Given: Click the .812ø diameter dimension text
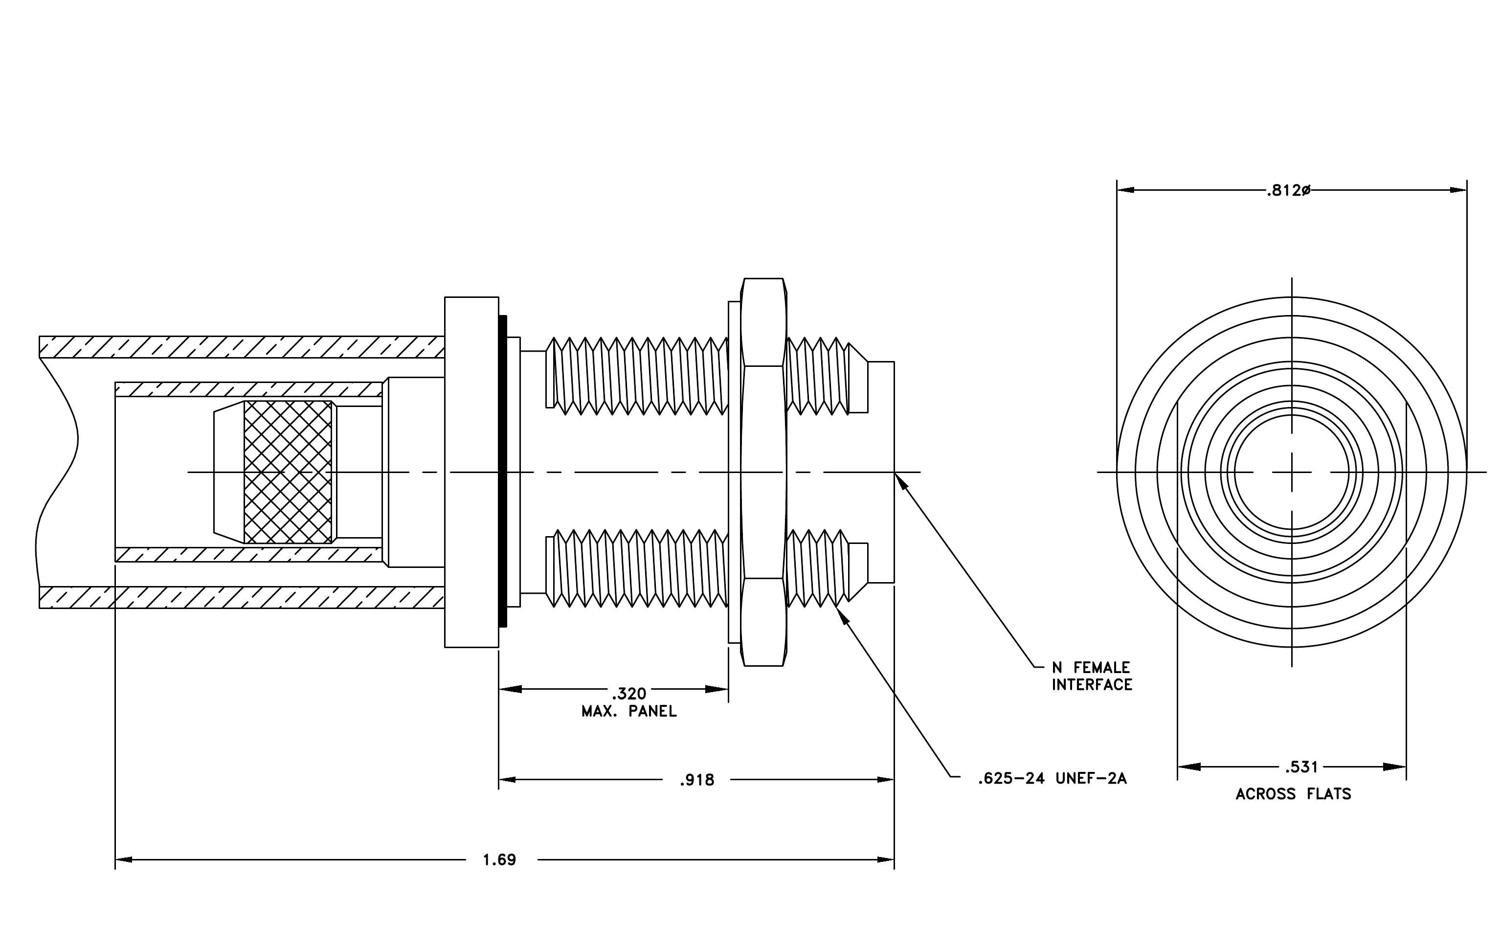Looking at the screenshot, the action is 1288,191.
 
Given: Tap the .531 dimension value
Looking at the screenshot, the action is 1302,767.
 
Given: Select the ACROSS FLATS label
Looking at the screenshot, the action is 1294,794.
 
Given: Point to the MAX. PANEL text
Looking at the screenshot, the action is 629,712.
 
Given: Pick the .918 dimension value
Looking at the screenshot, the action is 697,780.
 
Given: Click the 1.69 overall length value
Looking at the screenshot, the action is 500,860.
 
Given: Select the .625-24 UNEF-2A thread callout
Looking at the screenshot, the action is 1052,778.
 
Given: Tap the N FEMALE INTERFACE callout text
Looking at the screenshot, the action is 1092,676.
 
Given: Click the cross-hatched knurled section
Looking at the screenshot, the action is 288,472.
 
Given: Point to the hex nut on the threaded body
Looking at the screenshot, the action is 763,472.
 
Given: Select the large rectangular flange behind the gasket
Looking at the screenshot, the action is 471,472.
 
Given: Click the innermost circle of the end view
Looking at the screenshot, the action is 1292,472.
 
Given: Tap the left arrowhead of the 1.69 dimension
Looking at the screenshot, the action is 123,860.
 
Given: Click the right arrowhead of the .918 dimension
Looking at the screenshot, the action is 886,780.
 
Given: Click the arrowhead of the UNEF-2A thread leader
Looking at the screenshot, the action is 845,616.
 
